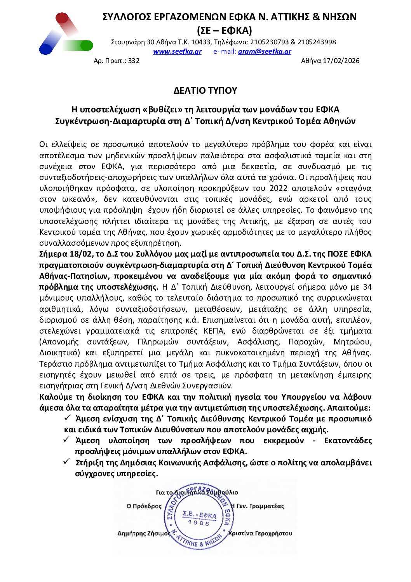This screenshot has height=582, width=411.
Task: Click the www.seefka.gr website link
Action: tap(177, 51)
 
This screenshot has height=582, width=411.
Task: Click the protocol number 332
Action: tap(134, 61)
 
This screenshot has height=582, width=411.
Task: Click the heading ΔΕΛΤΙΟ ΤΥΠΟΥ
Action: tap(205, 91)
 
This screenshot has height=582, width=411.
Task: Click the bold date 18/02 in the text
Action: tap(79, 254)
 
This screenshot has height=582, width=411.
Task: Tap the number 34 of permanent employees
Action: tap(367, 287)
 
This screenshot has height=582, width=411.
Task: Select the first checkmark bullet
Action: tap(67, 418)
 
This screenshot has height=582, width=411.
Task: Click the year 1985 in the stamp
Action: tap(199, 523)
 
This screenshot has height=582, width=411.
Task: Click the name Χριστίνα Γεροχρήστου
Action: tap(260, 533)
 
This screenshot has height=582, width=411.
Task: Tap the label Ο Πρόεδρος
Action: tap(144, 506)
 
